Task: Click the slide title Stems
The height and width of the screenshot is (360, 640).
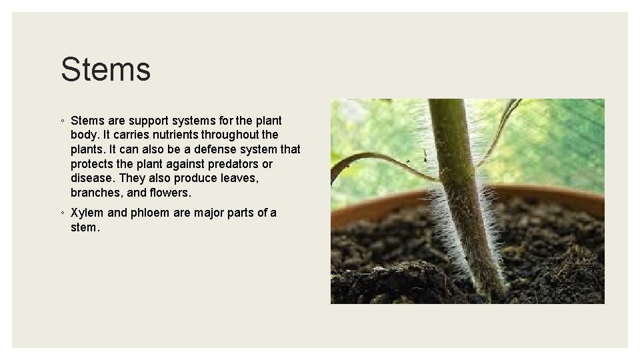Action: click(x=105, y=69)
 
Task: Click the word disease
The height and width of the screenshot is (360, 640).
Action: click(x=91, y=178)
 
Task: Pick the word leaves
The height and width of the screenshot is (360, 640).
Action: click(x=237, y=178)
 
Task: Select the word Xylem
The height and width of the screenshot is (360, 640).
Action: click(x=87, y=213)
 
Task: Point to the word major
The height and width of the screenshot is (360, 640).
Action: click(x=208, y=213)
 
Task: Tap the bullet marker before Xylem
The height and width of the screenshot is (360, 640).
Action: click(x=61, y=213)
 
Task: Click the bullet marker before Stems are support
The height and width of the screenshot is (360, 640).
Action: click(x=61, y=121)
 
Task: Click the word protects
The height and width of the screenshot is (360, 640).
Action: click(x=93, y=164)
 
